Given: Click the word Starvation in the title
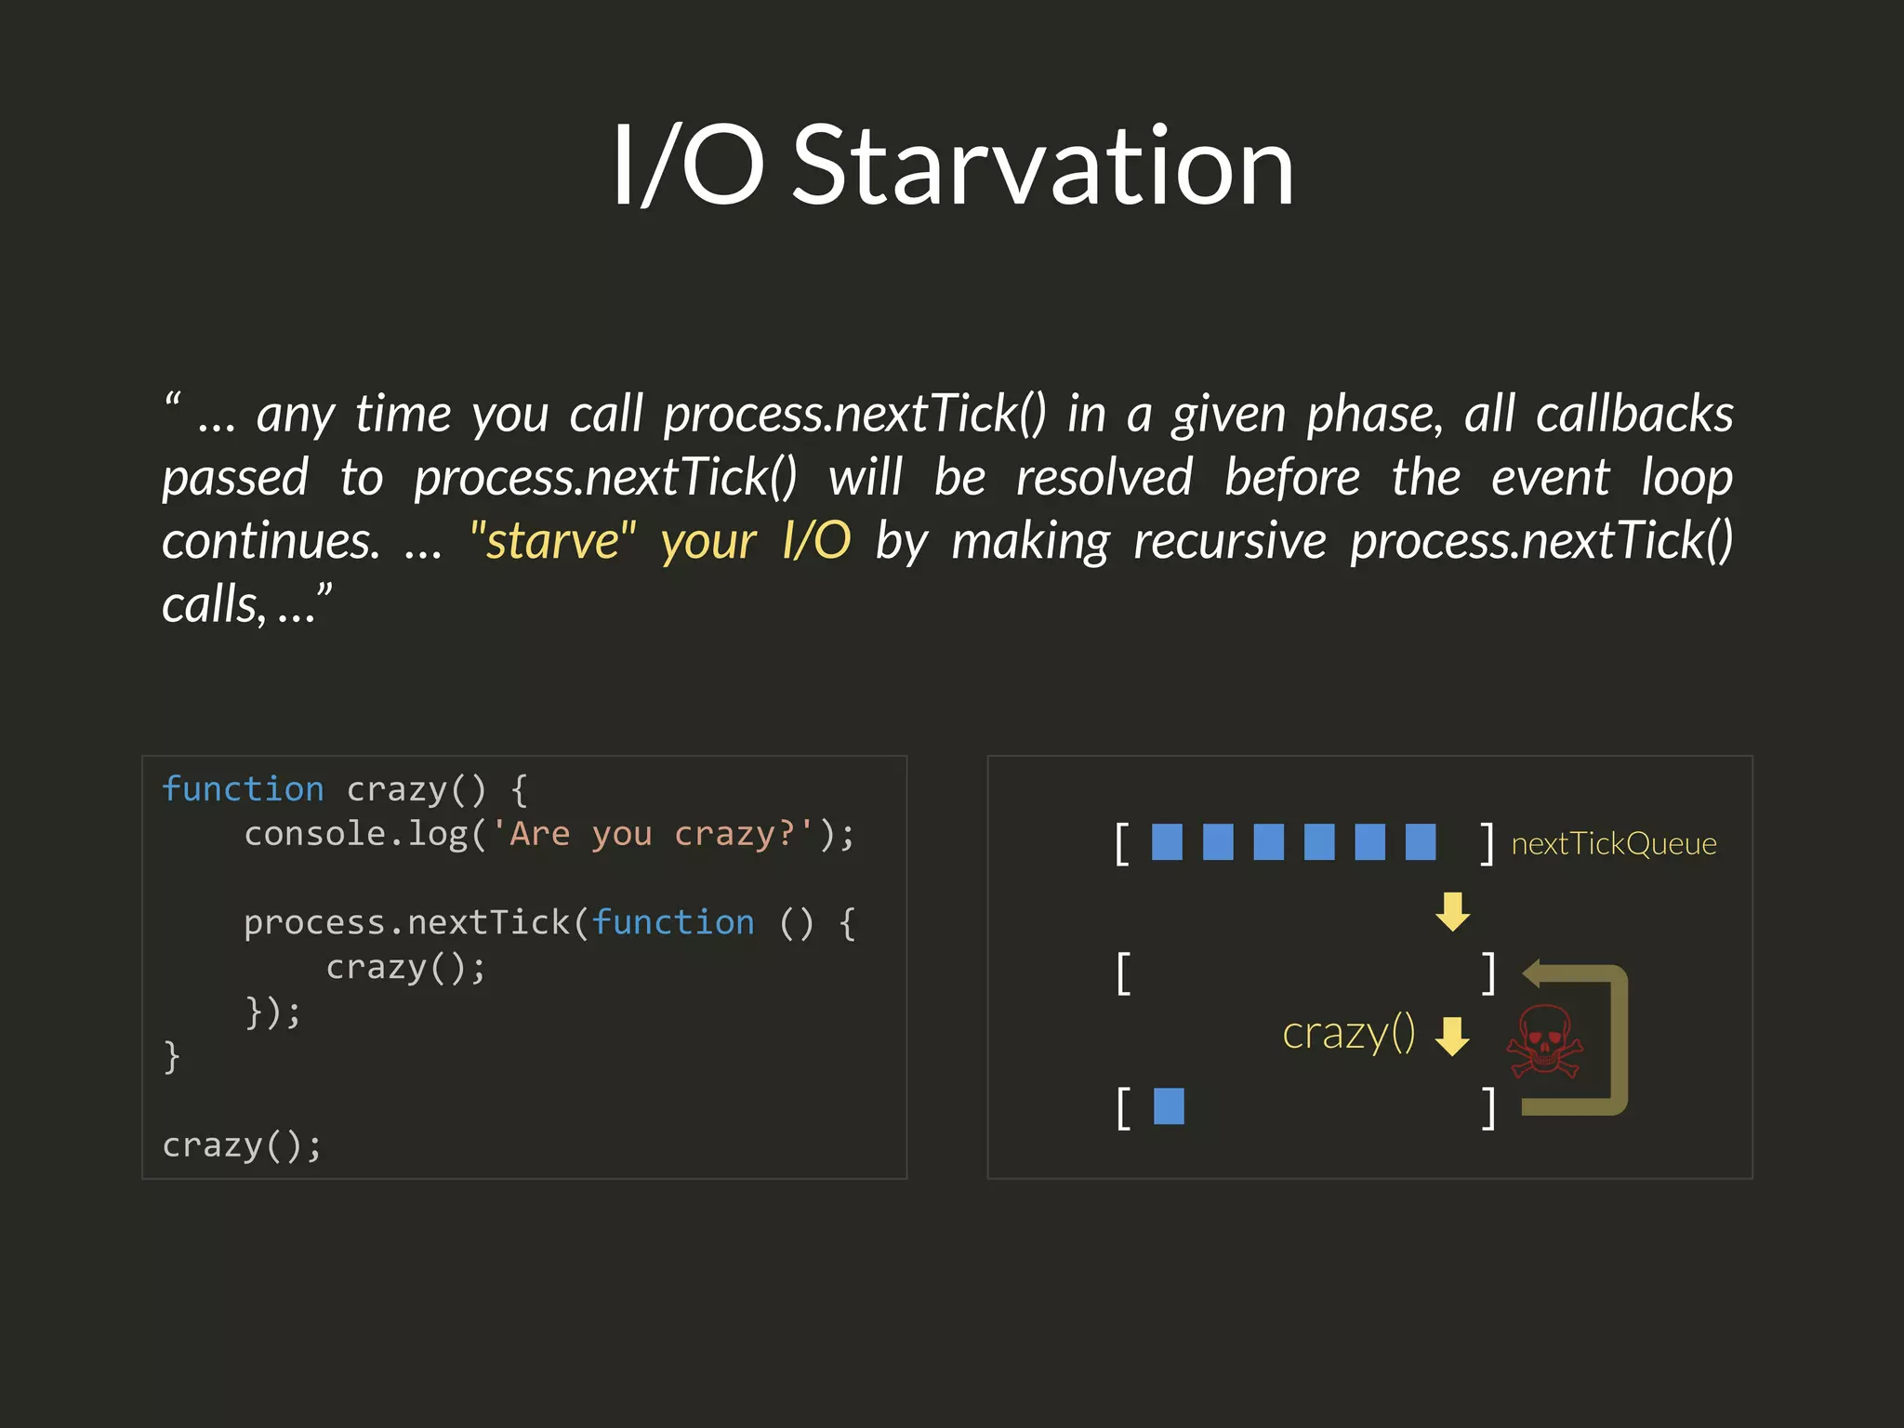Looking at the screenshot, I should click(1043, 167).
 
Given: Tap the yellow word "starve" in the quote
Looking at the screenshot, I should click(553, 541).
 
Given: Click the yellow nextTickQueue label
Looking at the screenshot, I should click(1614, 844).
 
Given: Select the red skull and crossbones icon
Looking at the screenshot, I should click(1544, 1042).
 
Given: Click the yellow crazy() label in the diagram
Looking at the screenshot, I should click(1348, 1034).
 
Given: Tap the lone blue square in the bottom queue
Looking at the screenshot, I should click(1169, 1106).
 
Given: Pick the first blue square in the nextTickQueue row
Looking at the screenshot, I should click(1167, 842).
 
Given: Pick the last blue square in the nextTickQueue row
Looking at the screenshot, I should click(1420, 842).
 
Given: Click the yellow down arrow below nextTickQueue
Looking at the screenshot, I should click(1452, 912).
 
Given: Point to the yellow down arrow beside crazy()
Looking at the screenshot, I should click(1452, 1036).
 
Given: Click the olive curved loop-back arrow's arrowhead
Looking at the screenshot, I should click(1535, 974).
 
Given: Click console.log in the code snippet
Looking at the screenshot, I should click(356, 834).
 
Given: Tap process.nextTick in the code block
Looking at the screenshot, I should click(407, 923).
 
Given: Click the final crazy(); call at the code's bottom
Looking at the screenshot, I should click(242, 1145).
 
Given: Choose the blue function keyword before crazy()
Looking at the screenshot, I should click(243, 789).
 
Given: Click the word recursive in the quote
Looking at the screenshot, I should click(1230, 541).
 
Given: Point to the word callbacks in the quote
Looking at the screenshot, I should click(1634, 414).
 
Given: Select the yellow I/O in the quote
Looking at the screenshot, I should click(816, 541).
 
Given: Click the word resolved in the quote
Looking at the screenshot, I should click(1104, 478).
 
